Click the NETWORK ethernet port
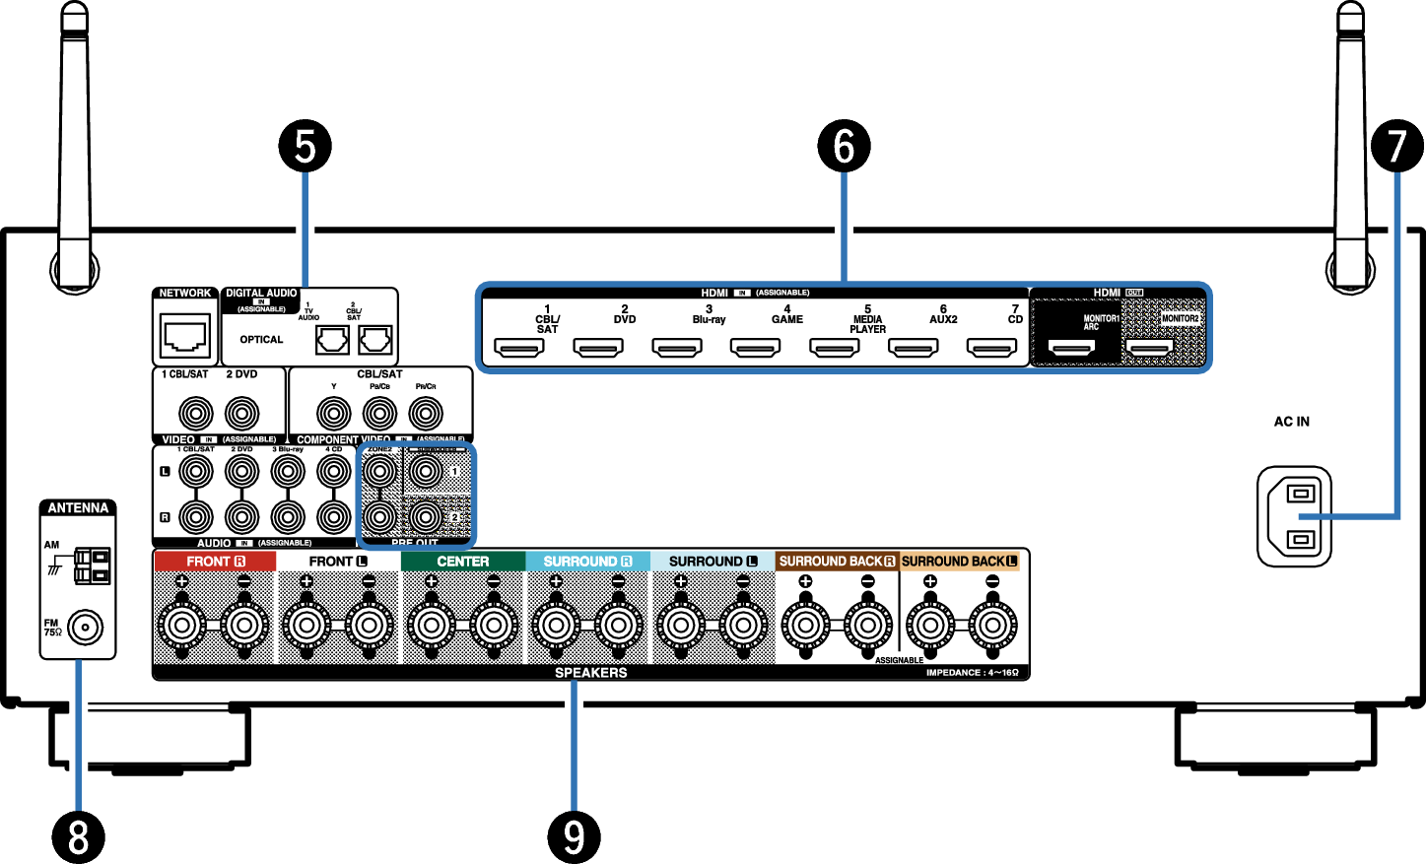pyautogui.click(x=185, y=336)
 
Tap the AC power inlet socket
pyautogui.click(x=1294, y=516)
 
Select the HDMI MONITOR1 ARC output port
pyautogui.click(x=1071, y=348)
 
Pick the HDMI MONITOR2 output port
pyautogui.click(x=1149, y=348)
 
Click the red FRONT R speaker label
pyautogui.click(x=215, y=562)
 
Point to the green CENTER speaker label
pyautogui.click(x=462, y=562)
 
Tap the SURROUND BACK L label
pyautogui.click(x=959, y=562)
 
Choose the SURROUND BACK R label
pyautogui.click(x=837, y=562)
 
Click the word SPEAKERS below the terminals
pyautogui.click(x=590, y=673)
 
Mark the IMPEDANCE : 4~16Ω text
pyautogui.click(x=972, y=673)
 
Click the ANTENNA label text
pyautogui.click(x=78, y=508)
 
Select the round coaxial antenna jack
pyautogui.click(x=85, y=628)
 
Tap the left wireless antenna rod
pyautogui.click(x=75, y=148)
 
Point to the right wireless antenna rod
pyautogui.click(x=1351, y=148)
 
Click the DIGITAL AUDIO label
pyautogui.click(x=261, y=293)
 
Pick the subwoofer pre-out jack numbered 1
pyautogui.click(x=426, y=472)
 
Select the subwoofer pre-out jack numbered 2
pyautogui.click(x=426, y=516)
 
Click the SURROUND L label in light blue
pyautogui.click(x=713, y=562)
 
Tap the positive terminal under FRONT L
pyautogui.click(x=306, y=625)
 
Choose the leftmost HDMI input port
pyautogui.click(x=519, y=348)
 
